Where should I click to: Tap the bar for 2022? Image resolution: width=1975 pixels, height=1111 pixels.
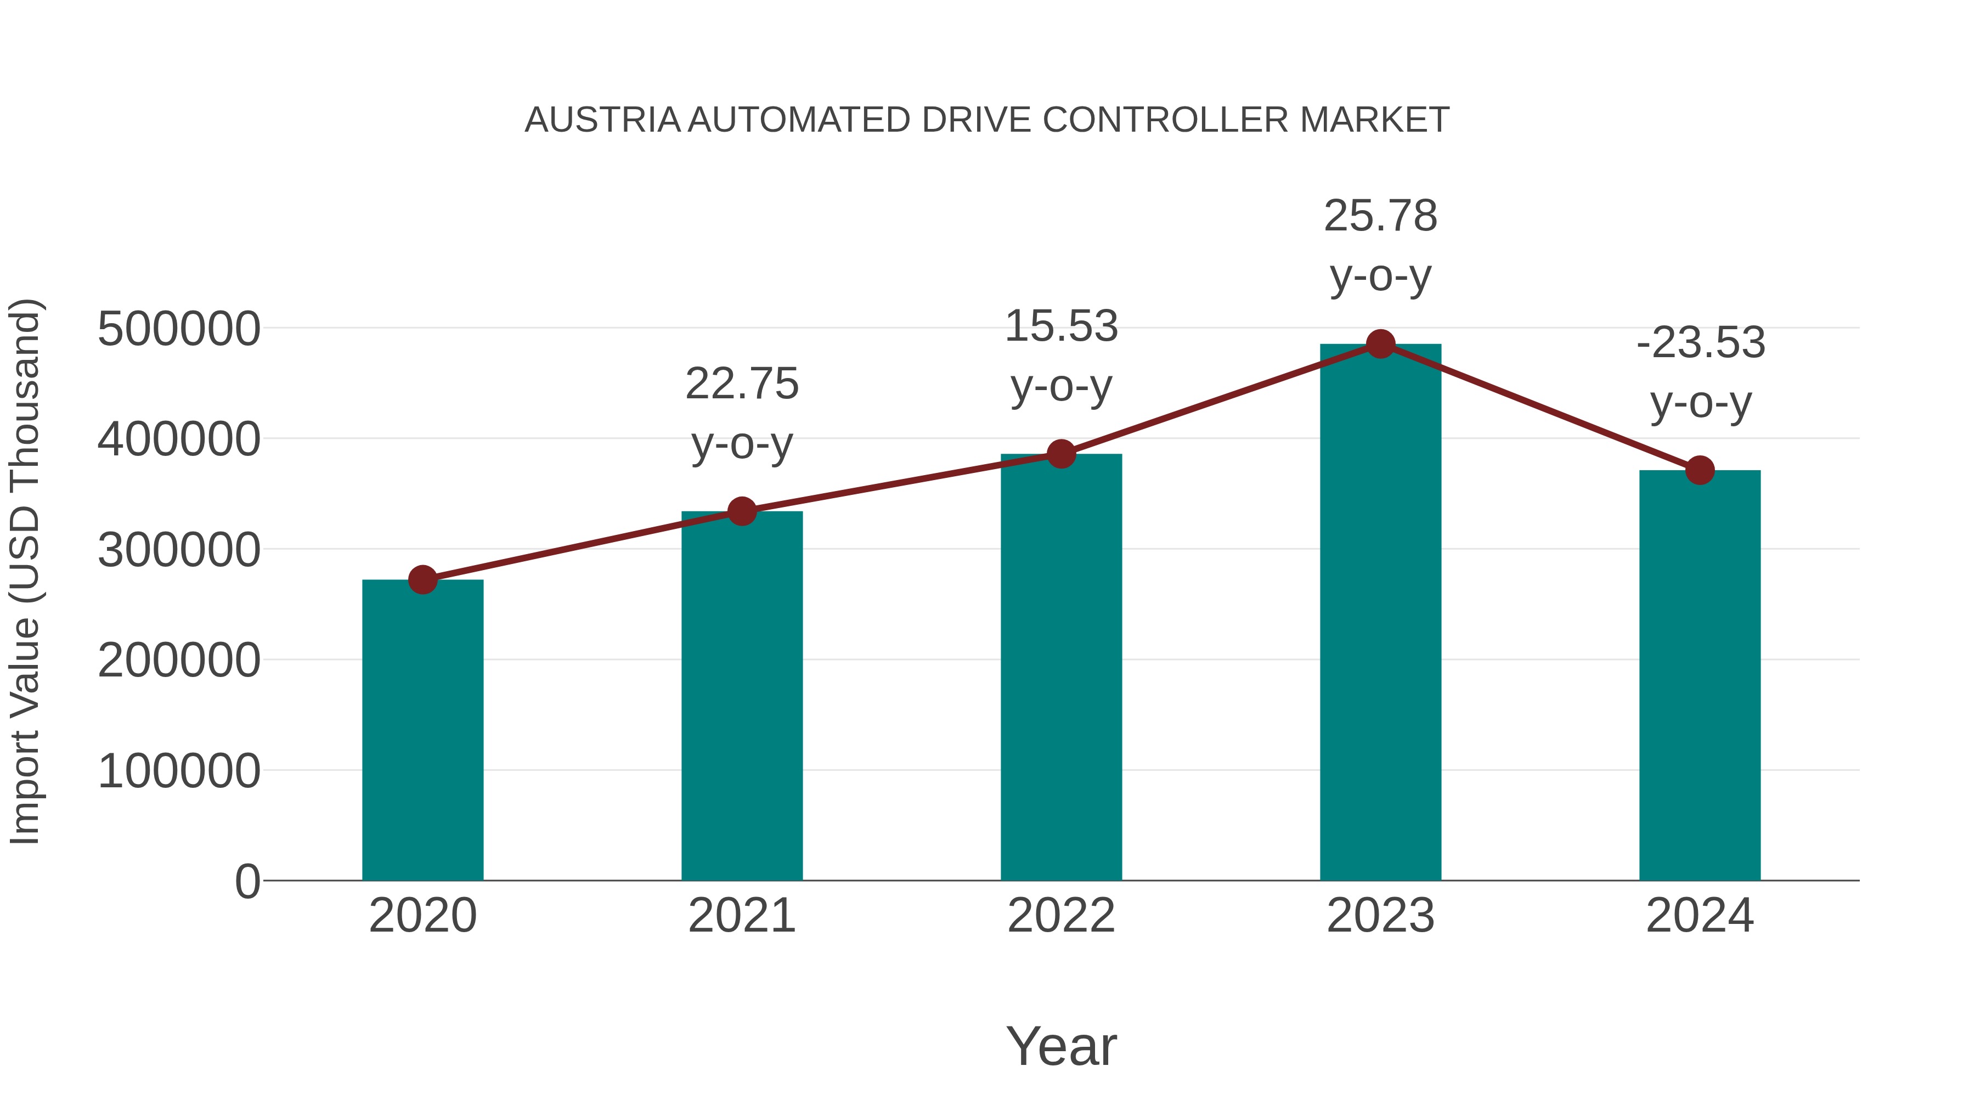1061,667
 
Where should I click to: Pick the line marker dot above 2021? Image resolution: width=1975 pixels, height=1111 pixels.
741,511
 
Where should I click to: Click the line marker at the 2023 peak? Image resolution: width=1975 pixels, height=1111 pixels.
1380,344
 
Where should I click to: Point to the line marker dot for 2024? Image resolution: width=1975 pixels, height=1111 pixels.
1700,470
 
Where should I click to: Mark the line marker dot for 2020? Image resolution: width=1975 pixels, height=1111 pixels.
422,580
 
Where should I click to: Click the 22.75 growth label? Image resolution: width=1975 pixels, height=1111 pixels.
741,384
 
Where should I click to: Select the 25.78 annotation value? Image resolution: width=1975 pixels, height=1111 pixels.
1380,216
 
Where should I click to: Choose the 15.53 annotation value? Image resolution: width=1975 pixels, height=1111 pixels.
1061,326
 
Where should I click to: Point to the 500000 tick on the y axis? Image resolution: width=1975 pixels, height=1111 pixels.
179,329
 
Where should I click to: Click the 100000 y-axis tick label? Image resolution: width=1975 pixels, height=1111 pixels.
179,771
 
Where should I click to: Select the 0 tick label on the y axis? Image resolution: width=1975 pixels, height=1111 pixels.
247,881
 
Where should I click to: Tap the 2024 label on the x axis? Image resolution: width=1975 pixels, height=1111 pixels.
1700,916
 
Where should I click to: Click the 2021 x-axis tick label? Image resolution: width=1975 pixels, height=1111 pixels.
741,916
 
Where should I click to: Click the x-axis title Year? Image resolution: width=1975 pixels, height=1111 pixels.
1061,1046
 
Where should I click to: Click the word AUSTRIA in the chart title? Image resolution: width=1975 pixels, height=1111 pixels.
602,120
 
